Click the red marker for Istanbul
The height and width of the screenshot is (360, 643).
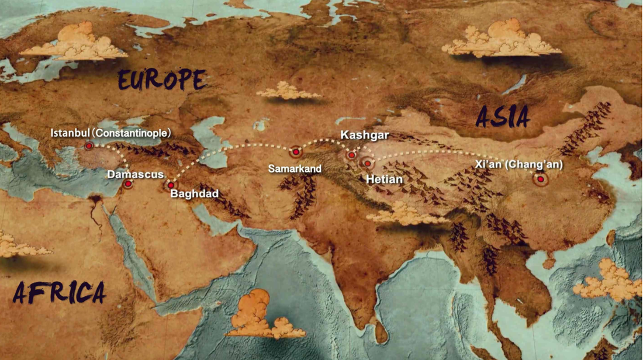89,146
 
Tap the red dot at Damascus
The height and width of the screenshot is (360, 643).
128,184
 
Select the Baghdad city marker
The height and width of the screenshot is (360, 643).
171,185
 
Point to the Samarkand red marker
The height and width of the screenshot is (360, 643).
296,153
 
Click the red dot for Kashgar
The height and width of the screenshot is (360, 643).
352,155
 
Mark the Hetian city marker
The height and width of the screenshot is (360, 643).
368,164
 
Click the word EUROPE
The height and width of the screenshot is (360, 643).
161,79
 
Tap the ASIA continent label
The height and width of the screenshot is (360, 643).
503,117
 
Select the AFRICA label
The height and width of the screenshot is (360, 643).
60,292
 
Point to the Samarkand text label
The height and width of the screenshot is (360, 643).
295,168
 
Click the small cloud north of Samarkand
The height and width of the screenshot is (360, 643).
288,91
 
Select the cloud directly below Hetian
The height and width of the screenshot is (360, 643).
403,214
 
